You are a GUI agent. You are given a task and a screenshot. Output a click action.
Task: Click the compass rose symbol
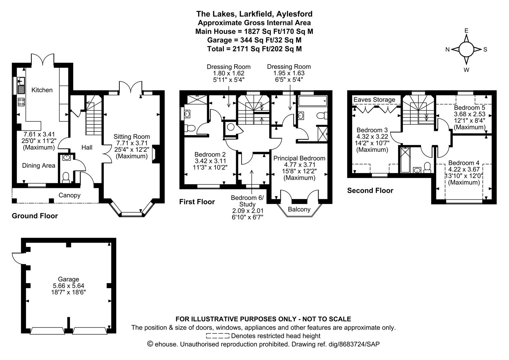466,50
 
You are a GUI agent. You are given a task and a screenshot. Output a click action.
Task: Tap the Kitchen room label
42,90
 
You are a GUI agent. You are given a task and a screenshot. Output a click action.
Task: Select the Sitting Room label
132,137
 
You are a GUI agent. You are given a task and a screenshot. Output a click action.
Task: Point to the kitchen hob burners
21,102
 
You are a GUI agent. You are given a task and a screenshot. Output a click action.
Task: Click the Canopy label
69,195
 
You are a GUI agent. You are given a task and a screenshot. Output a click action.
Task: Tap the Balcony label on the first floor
299,209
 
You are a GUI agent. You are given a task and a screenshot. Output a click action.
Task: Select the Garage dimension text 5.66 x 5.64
69,286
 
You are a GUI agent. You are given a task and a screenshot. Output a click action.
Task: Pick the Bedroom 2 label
210,155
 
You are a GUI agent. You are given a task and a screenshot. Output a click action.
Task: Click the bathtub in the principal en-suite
312,101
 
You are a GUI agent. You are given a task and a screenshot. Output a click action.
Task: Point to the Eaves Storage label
374,100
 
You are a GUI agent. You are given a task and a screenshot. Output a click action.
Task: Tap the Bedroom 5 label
469,108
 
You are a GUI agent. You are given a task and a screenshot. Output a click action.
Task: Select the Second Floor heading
370,191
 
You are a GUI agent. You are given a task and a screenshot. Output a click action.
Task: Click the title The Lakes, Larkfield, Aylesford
254,14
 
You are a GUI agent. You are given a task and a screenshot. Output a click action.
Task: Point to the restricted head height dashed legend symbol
218,336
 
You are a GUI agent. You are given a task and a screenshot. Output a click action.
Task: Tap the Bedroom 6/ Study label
247,201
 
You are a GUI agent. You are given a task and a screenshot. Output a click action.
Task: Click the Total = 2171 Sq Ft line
254,49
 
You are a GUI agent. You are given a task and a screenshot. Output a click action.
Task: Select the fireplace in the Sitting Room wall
156,155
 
